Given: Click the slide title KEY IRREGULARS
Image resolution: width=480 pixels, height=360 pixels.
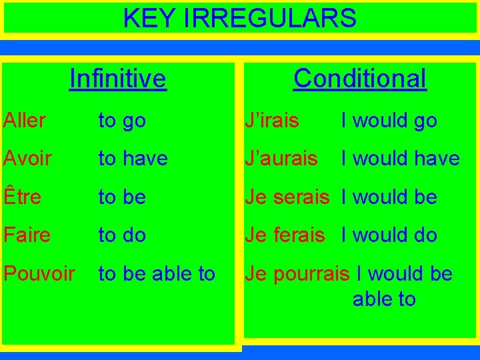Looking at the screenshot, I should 240,18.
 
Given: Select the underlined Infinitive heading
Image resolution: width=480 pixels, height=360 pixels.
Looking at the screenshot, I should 118,79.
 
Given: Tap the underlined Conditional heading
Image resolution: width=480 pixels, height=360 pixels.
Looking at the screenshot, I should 359,78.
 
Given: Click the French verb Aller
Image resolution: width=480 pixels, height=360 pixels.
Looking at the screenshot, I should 24,121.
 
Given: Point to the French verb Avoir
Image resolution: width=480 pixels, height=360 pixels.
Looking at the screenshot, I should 27,159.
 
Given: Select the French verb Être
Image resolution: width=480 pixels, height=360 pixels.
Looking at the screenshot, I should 22,197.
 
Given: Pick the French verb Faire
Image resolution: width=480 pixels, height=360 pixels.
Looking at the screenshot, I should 26,235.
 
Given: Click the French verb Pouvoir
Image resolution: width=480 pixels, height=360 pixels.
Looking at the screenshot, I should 39,273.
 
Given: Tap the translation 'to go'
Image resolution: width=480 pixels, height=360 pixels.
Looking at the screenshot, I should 122,121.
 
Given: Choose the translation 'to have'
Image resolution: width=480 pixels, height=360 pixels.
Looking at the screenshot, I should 133,159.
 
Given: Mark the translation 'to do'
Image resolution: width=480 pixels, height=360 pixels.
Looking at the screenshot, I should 122,235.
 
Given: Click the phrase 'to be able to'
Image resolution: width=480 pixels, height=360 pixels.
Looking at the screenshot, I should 157,273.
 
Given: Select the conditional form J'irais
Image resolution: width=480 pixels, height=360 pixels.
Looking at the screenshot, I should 271,121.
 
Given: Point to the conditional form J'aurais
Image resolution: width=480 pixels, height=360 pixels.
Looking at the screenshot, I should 281,159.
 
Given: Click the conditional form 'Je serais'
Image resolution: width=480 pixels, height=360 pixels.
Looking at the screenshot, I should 287,197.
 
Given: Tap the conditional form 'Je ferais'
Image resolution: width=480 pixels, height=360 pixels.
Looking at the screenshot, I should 285,235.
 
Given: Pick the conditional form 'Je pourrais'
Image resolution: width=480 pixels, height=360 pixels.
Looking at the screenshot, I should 297,274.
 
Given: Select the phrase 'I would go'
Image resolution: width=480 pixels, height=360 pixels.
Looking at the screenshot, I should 389,121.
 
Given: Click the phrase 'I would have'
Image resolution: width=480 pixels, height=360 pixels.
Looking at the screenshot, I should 400,159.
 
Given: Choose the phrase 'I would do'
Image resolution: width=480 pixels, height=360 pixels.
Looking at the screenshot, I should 389,235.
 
